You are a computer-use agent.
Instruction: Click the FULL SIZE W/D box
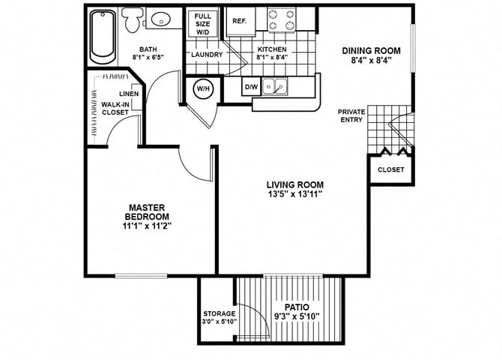[x=202, y=24]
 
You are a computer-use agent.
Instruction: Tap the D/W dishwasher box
[x=252, y=88]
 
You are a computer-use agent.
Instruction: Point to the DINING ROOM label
[x=371, y=51]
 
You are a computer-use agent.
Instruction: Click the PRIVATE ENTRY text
[x=351, y=115]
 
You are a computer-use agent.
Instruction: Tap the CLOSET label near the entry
[x=390, y=170]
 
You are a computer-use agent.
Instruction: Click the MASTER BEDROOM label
[x=147, y=211]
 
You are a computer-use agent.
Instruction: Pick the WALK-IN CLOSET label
[x=115, y=108]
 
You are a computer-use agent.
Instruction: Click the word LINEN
[x=127, y=94]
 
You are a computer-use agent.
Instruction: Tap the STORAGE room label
[x=220, y=313]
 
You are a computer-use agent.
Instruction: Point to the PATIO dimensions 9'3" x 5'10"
[x=297, y=316]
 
